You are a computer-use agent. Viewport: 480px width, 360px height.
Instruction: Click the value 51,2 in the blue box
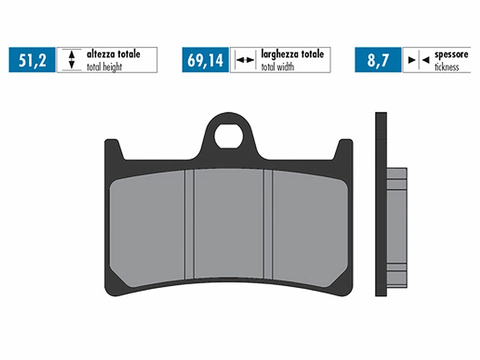tap(32, 60)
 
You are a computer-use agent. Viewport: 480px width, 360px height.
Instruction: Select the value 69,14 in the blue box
tap(205, 60)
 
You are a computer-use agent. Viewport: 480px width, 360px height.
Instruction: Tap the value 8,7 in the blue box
tap(378, 60)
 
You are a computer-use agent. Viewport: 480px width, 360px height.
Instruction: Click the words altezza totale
tap(113, 54)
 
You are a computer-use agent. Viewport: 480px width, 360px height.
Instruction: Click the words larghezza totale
tap(292, 54)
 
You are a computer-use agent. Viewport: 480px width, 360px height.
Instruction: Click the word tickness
tap(446, 67)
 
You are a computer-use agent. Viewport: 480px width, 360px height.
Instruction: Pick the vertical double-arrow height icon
tap(71, 60)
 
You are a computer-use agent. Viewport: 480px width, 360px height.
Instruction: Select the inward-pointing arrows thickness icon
tap(418, 60)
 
